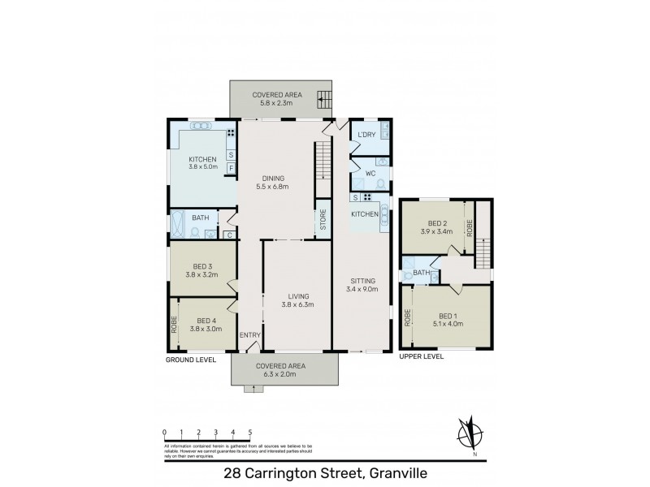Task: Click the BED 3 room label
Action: (x=203, y=270)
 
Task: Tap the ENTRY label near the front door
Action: (x=249, y=334)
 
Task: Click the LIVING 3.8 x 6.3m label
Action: (x=298, y=300)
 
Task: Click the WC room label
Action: (x=369, y=173)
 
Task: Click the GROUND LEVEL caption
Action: (x=190, y=359)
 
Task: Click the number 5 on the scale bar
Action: (x=250, y=432)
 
